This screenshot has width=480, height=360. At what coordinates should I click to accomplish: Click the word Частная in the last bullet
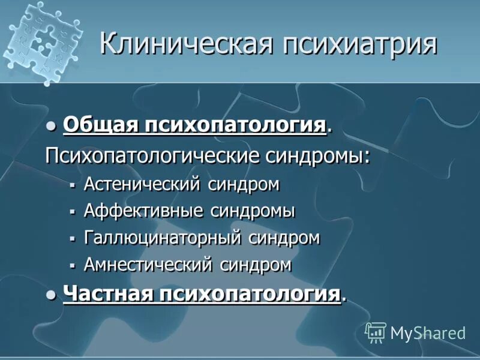tap(107, 294)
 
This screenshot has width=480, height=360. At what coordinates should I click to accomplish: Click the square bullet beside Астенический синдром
tap(72, 185)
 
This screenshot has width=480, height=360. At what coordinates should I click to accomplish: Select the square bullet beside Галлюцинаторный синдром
tap(72, 239)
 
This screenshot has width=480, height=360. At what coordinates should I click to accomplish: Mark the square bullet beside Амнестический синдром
tap(72, 265)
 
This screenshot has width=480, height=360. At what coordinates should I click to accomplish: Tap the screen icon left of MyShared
tap(376, 332)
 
